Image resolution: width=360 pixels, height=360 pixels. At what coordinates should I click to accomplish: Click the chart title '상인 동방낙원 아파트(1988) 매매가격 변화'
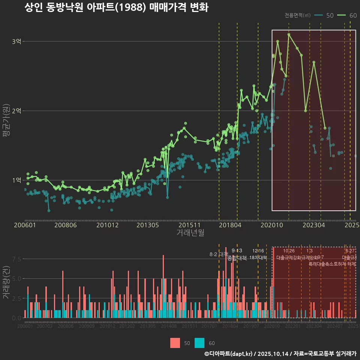point(116,7)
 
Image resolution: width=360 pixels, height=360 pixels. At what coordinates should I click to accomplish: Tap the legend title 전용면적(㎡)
point(297,15)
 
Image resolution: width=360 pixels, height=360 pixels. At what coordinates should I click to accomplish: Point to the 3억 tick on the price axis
point(16,41)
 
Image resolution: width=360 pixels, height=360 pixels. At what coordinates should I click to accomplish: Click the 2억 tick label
point(16,111)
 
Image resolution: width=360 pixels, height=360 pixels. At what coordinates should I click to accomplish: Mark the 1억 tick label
point(16,180)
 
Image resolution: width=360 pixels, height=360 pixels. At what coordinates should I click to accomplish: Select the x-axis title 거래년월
point(190,233)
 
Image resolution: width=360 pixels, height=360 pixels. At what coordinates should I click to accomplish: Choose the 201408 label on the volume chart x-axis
point(169,327)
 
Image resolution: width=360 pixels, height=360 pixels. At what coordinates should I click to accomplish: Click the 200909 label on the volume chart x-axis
point(87,327)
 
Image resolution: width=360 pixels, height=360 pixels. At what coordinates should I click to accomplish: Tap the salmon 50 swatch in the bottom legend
point(175,343)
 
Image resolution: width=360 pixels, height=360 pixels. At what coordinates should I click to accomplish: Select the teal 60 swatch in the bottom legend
point(200,343)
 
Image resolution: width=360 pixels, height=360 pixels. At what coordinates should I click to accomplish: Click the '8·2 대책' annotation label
point(218,254)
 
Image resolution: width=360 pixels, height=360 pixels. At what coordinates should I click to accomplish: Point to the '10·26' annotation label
point(289,251)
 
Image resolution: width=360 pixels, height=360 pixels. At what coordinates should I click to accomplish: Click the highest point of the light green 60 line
point(289,34)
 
